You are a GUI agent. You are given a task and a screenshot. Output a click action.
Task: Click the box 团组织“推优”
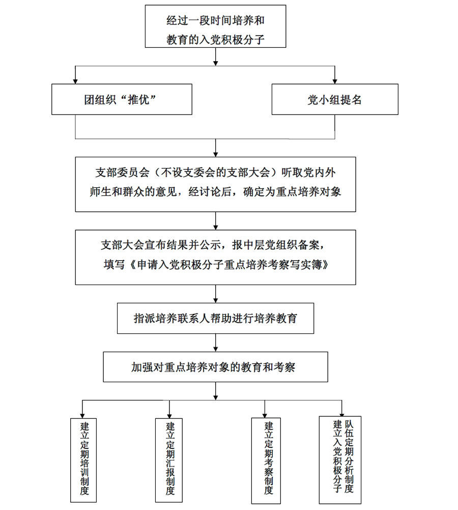(x=122, y=99)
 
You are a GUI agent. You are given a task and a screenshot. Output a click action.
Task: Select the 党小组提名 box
(x=335, y=99)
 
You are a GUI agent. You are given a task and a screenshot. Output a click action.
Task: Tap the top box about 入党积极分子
(x=215, y=26)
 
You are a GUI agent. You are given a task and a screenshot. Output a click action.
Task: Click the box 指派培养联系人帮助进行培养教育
(x=215, y=318)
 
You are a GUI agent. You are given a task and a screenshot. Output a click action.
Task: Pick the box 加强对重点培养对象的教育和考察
(x=215, y=367)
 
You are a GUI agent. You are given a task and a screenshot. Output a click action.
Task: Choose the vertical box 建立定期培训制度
(x=83, y=460)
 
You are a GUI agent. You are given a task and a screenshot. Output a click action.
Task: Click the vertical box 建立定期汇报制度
(x=169, y=460)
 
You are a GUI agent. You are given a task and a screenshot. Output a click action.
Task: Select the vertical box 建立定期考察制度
(x=266, y=461)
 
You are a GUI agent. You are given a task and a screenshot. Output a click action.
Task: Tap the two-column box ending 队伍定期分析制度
(x=340, y=460)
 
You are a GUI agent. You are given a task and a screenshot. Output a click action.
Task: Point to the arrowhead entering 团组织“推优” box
(x=75, y=81)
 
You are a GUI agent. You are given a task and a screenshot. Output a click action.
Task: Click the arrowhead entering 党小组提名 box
(x=335, y=81)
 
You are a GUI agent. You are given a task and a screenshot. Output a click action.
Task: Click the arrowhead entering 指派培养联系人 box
(x=215, y=300)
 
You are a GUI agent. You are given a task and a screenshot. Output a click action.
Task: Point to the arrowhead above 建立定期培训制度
(x=82, y=416)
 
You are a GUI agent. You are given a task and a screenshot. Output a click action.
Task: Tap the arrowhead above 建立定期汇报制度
(x=169, y=416)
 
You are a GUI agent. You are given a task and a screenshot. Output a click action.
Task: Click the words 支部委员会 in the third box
(x=122, y=173)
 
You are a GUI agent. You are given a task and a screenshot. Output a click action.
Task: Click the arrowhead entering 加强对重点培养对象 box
(x=215, y=349)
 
